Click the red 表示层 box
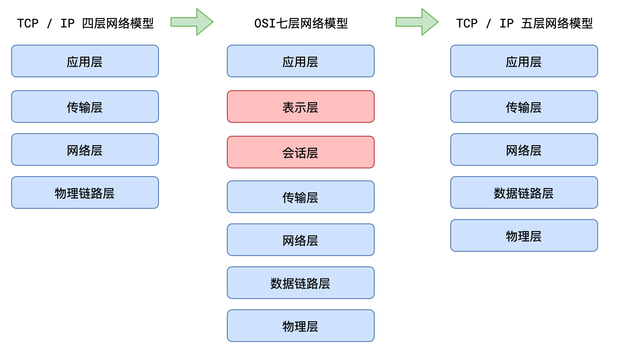click(300, 107)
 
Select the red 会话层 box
click(300, 152)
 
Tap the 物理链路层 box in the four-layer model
click(85, 192)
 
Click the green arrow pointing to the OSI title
click(192, 22)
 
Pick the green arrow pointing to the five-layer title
click(417, 22)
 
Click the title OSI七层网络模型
click(301, 23)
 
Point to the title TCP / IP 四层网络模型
click(85, 23)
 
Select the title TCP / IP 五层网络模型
click(524, 23)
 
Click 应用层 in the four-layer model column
click(85, 61)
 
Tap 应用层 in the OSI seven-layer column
click(300, 61)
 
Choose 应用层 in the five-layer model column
click(524, 61)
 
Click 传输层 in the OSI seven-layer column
click(300, 197)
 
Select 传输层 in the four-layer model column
click(85, 107)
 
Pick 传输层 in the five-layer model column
click(524, 107)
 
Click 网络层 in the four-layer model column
click(85, 149)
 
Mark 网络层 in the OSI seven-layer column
click(300, 240)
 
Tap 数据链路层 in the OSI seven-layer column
click(300, 283)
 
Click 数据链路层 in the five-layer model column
click(524, 192)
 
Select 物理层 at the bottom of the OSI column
click(300, 326)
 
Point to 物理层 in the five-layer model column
click(524, 235)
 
